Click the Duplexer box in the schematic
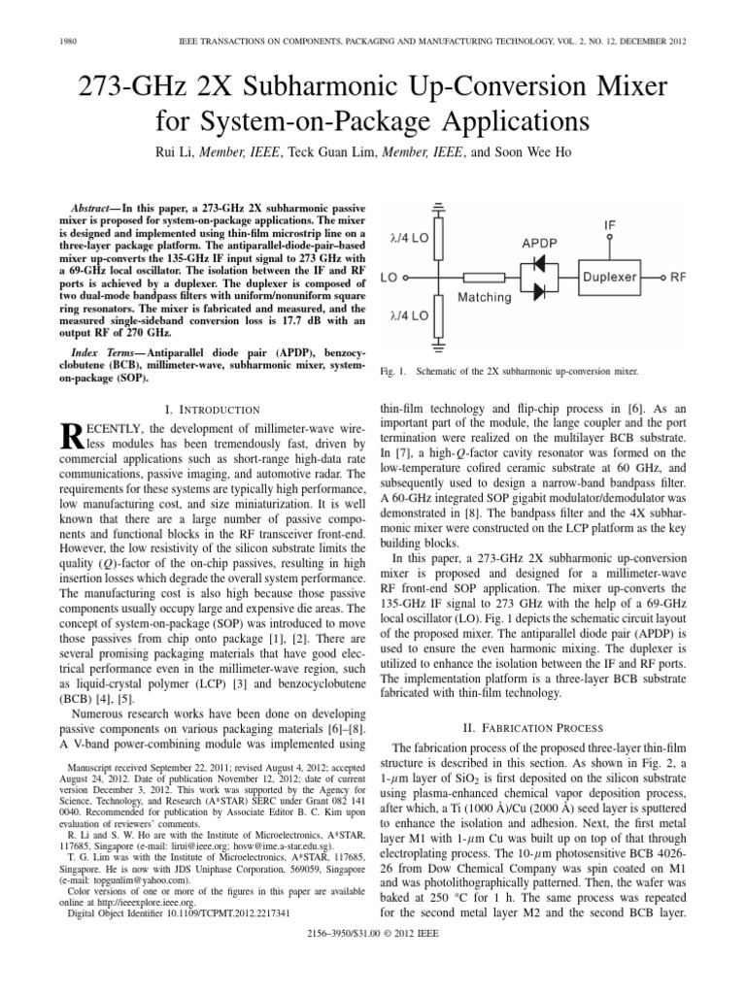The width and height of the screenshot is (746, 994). click(608, 276)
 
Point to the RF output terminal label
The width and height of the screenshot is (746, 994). click(678, 277)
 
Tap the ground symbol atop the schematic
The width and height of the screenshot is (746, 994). click(440, 208)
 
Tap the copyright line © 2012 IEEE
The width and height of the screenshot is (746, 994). click(373, 980)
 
